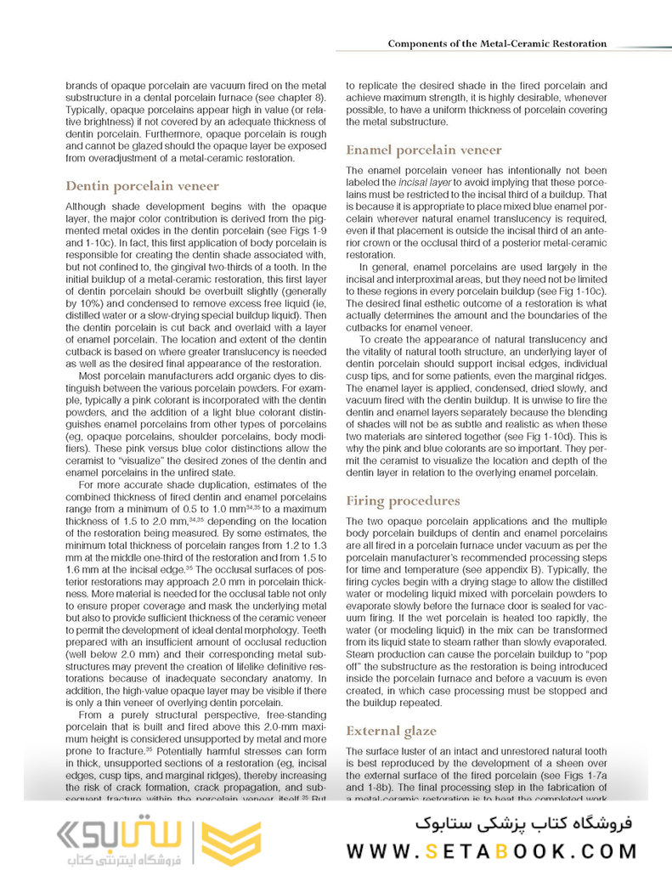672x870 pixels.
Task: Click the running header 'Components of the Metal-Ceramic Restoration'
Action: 497,43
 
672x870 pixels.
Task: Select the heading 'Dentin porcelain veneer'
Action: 142,185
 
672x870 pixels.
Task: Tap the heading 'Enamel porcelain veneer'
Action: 424,150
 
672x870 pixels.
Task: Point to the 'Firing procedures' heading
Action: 403,501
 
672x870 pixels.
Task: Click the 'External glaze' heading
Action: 392,731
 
